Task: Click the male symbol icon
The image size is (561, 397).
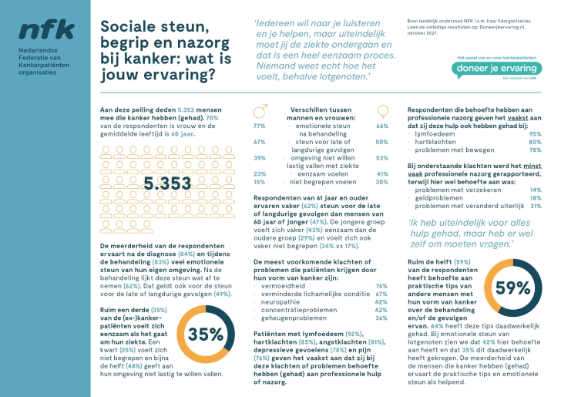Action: (260, 110)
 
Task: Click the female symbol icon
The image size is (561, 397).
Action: (382, 110)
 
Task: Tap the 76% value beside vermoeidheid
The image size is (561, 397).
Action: (381, 286)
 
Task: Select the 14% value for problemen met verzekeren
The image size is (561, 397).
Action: (535, 190)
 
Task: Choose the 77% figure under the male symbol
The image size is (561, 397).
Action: (259, 126)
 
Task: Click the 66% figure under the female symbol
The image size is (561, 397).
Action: (381, 126)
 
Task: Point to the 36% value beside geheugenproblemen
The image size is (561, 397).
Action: (381, 318)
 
